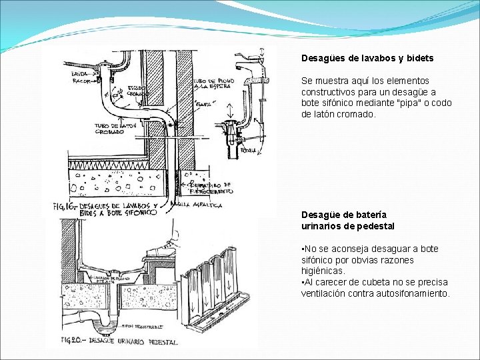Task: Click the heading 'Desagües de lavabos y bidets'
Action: point(367,59)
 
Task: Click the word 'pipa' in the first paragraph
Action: point(412,103)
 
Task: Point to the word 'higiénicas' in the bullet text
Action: point(323,271)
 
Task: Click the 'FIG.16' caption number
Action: point(65,207)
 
